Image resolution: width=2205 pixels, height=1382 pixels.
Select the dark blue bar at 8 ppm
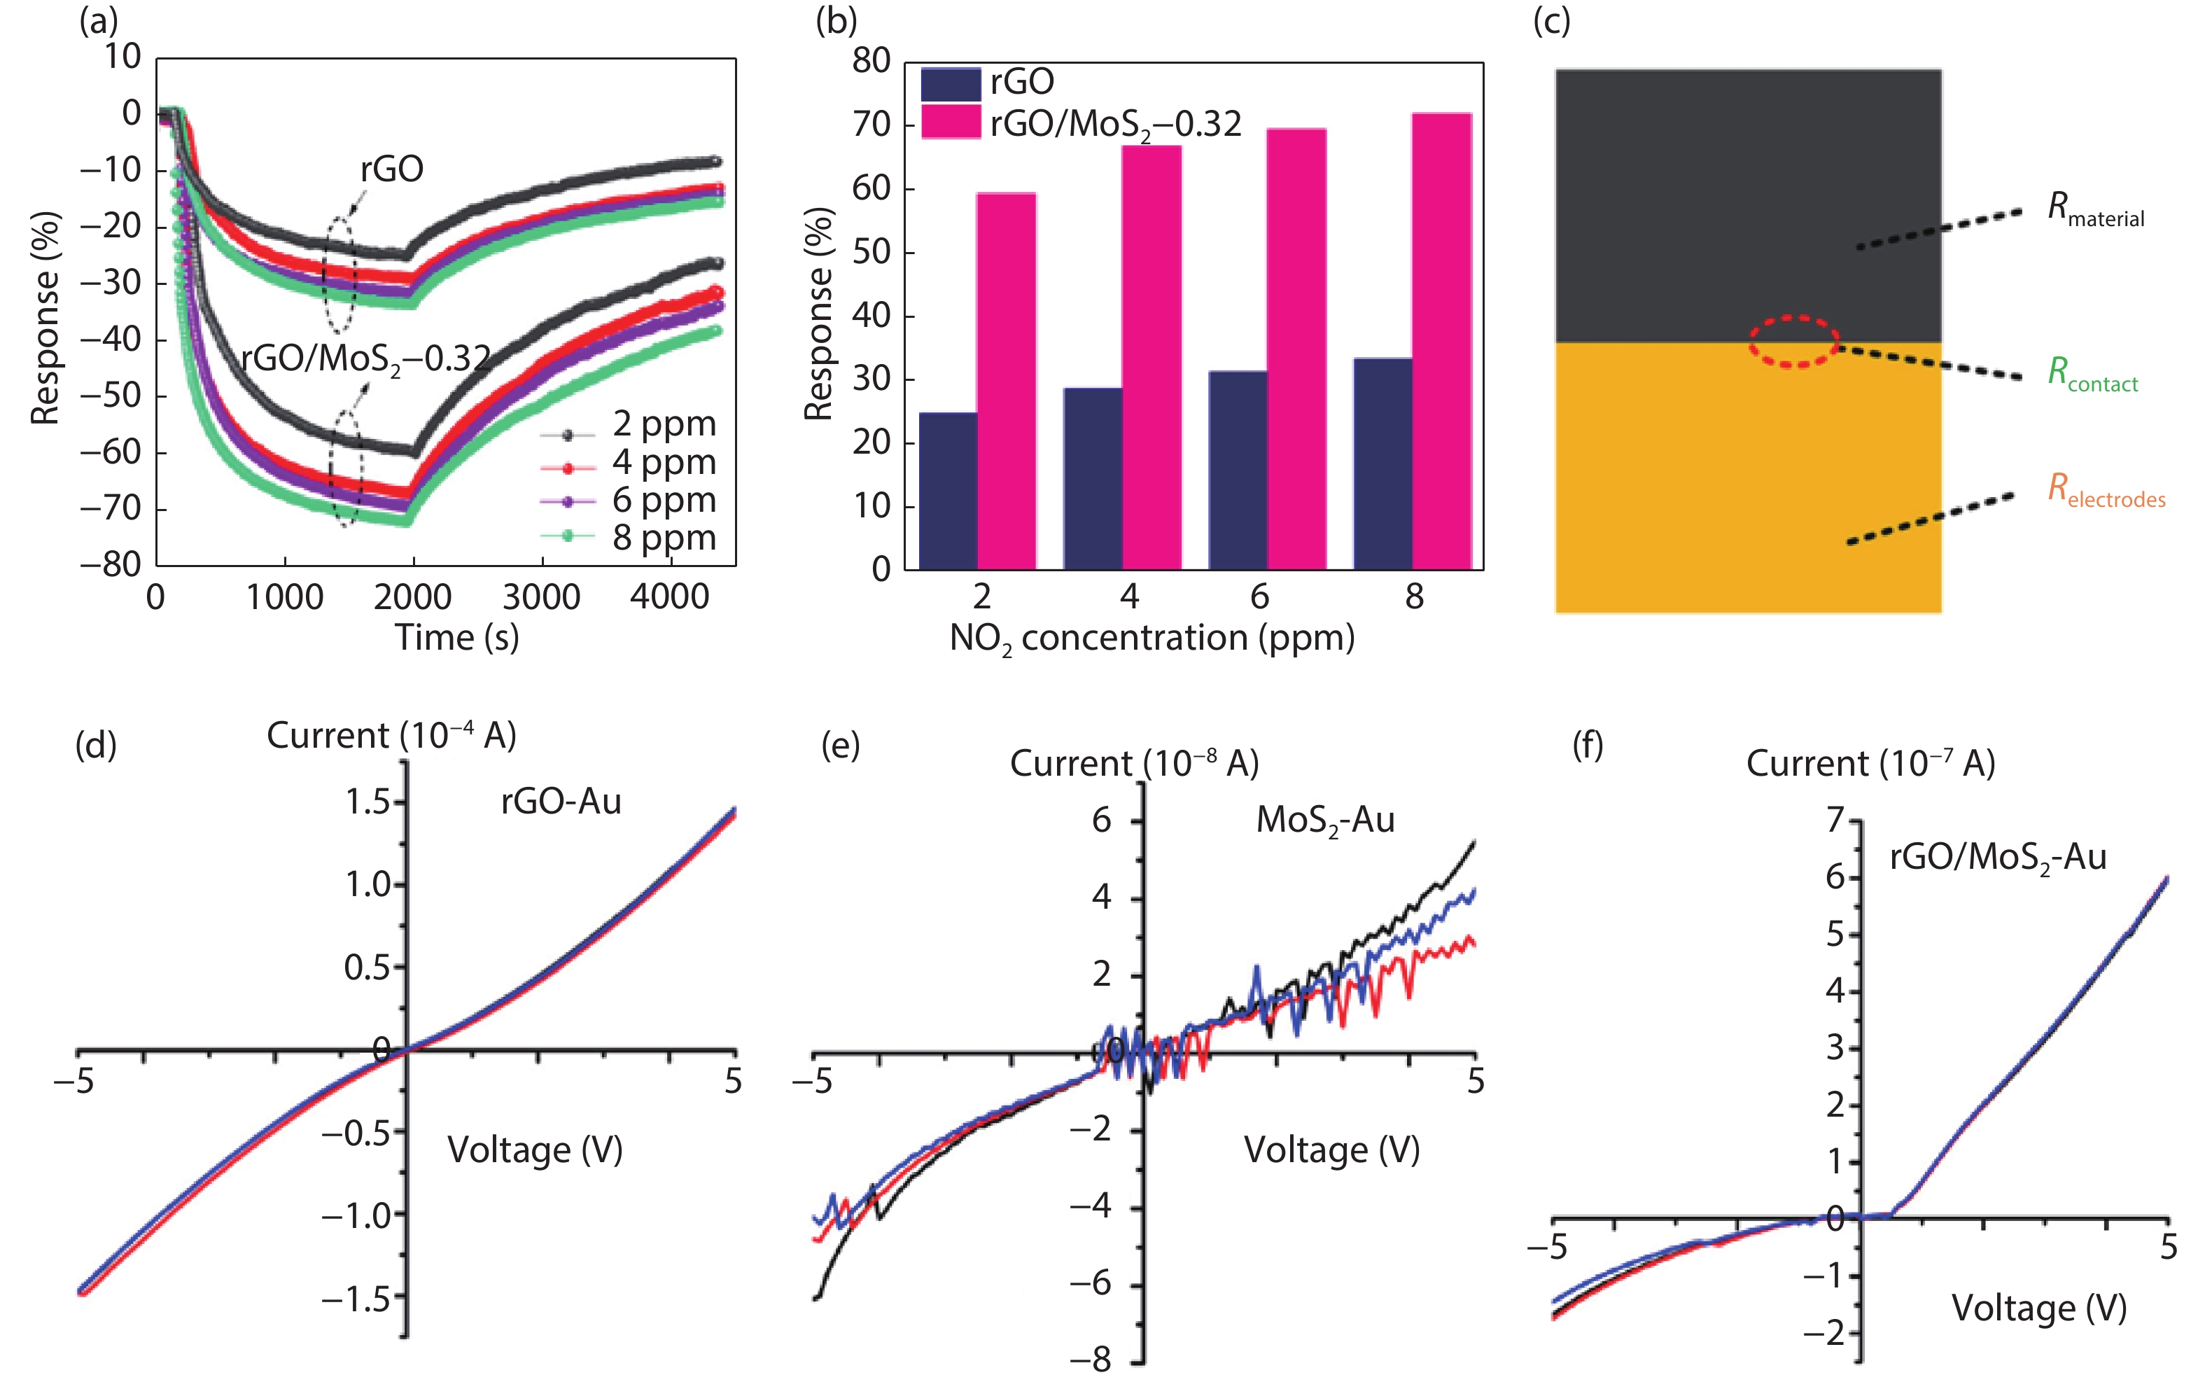point(1382,463)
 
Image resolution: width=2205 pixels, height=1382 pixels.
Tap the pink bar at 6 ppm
point(1296,349)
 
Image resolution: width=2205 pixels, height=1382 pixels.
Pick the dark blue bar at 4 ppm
point(1093,478)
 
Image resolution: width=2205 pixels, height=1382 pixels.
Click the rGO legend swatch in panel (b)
point(951,84)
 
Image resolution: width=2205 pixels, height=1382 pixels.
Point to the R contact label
point(2092,374)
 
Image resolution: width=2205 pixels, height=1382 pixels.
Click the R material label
point(2094,209)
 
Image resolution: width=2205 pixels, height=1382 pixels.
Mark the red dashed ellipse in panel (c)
point(1794,342)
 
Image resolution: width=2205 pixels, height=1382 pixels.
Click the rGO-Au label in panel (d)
point(561,802)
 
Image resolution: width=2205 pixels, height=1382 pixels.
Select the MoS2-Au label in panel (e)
point(1325,821)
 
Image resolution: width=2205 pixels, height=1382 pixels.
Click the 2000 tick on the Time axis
point(413,597)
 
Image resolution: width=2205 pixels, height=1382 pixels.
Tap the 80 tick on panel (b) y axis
point(871,60)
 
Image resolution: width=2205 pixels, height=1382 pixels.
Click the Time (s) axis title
point(457,637)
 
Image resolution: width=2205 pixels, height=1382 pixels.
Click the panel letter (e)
point(840,745)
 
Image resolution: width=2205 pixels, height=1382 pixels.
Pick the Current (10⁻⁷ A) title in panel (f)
point(1870,763)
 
